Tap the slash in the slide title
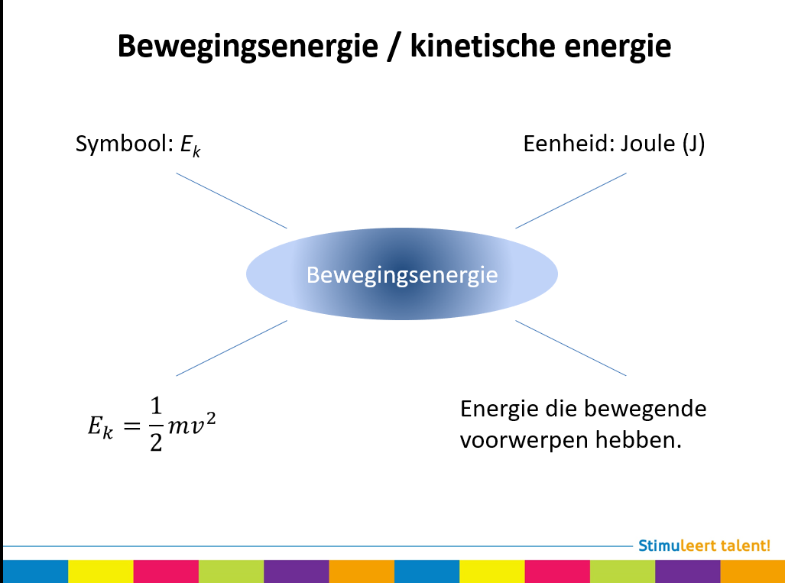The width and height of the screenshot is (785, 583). coord(393,47)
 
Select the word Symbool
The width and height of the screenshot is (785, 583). coord(122,144)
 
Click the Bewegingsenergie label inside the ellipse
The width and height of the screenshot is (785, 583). coord(402,274)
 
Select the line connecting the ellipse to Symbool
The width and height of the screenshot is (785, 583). coord(232,200)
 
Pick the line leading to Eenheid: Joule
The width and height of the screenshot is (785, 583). coord(571,200)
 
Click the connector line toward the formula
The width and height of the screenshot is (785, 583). coord(232,348)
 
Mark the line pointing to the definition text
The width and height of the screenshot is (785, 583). coord(571,348)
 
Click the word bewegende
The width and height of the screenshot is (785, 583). coord(645,409)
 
